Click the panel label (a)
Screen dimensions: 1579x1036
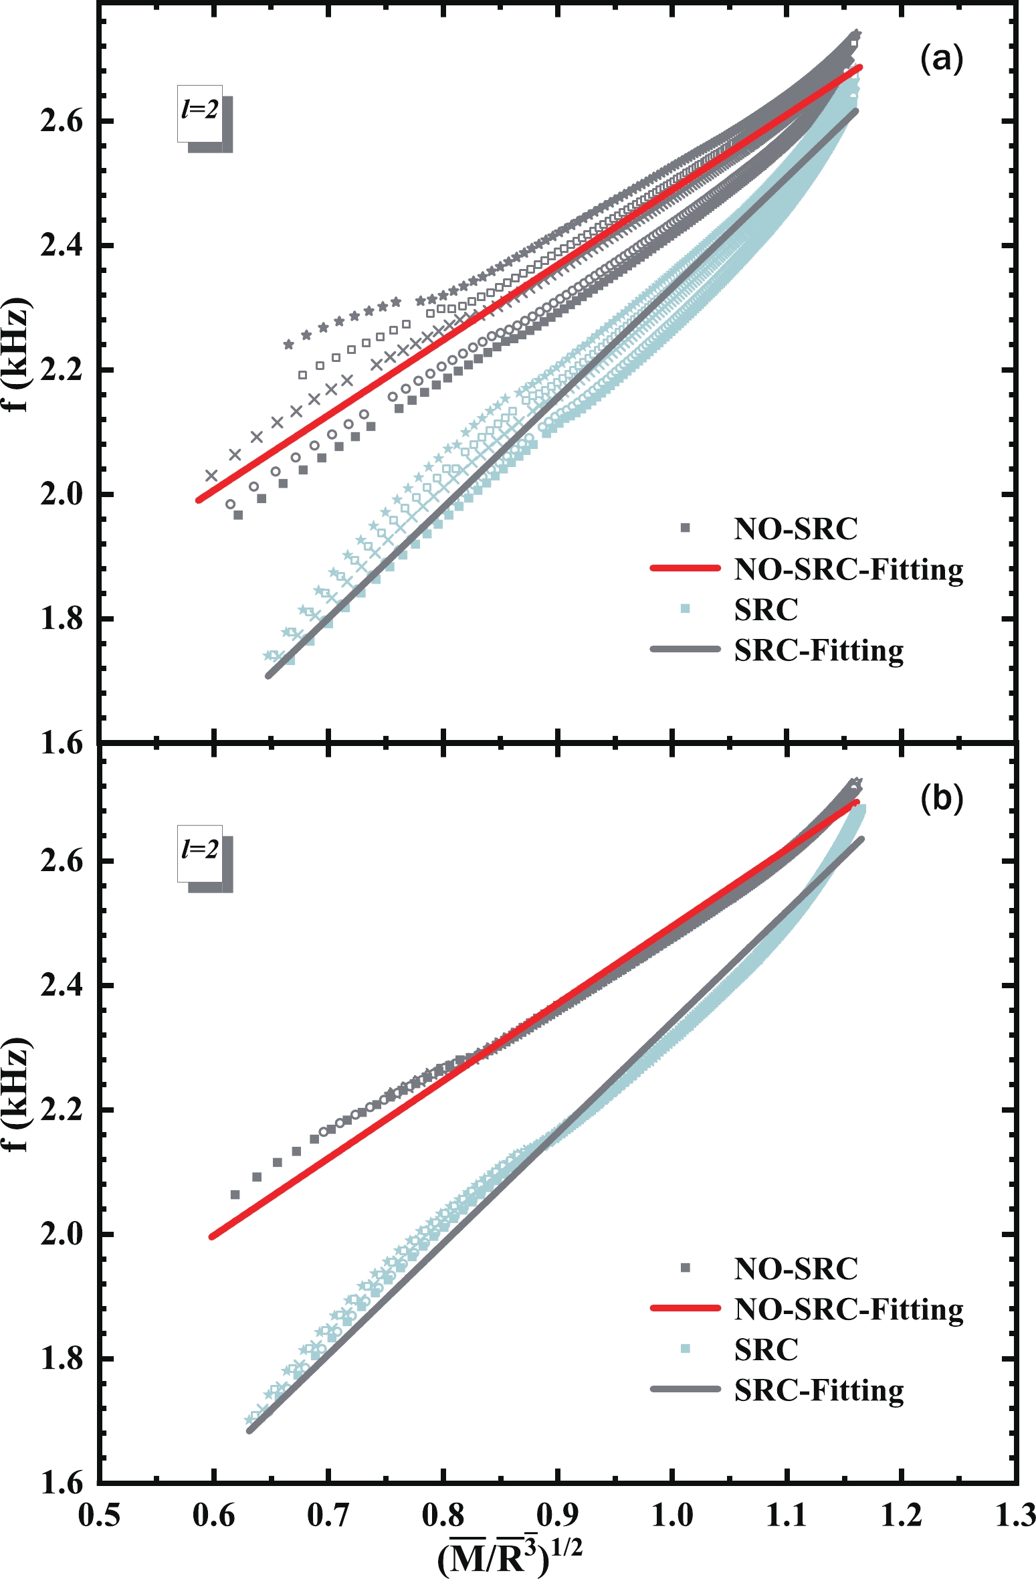942,59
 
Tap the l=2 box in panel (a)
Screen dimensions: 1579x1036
200,112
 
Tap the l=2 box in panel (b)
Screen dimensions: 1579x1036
200,852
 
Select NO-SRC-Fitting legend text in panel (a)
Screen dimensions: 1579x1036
848,570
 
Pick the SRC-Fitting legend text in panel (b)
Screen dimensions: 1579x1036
819,1391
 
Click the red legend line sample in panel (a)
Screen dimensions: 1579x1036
685,569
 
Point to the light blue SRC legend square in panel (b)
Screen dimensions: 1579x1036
685,1350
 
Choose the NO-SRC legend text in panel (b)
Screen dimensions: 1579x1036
795,1269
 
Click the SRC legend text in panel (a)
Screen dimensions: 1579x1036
766,610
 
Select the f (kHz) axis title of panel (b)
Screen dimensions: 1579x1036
19,1095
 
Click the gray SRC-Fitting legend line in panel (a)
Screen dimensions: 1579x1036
685,650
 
